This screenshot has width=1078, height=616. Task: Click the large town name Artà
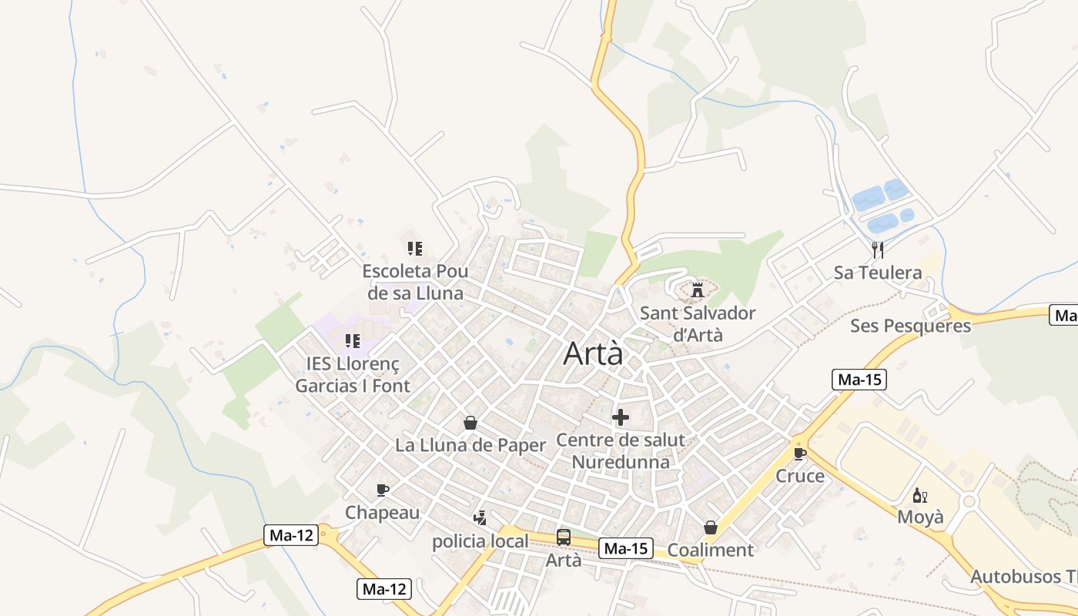593,353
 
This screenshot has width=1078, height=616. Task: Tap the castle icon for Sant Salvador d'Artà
698,290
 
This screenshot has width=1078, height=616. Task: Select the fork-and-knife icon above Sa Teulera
877,249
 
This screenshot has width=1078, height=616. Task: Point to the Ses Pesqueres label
910,326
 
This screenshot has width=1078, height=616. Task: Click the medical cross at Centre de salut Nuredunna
620,418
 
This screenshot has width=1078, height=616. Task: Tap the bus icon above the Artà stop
564,537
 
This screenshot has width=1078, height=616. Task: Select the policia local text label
480,541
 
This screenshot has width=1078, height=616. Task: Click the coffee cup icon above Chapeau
382,490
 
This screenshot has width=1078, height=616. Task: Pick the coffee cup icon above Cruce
800,454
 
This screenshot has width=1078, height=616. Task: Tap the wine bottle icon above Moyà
919,495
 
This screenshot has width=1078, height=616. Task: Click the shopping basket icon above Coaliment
710,527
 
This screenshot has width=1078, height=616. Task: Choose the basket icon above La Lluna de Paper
470,423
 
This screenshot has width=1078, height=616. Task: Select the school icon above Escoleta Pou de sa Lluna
415,249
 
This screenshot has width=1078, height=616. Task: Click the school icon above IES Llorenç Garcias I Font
353,341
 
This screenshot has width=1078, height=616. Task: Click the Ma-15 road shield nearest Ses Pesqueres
859,380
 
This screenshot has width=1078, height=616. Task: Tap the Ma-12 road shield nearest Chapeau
291,535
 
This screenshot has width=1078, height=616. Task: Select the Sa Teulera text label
878,273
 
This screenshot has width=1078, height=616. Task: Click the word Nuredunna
620,462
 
